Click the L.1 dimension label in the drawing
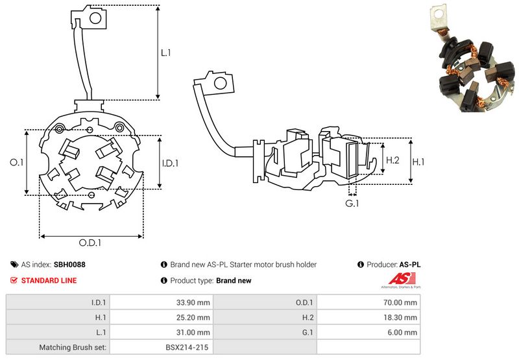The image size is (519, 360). pyautogui.click(x=165, y=53)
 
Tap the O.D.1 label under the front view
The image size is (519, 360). pyautogui.click(x=90, y=243)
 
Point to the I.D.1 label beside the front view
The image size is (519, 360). pyautogui.click(x=170, y=163)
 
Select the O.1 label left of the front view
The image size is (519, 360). pyautogui.click(x=17, y=162)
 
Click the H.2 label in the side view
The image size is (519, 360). pyautogui.click(x=392, y=160)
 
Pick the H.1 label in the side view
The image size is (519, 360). pyautogui.click(x=418, y=162)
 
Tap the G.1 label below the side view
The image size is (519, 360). pyautogui.click(x=352, y=203)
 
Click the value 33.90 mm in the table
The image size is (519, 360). pyautogui.click(x=193, y=302)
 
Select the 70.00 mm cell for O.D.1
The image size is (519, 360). pyautogui.click(x=400, y=302)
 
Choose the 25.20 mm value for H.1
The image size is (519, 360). pyautogui.click(x=193, y=318)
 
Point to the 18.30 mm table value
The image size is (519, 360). pyautogui.click(x=400, y=318)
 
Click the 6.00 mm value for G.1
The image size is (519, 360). pyautogui.click(x=402, y=333)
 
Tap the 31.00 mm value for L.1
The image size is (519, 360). pyautogui.click(x=193, y=333)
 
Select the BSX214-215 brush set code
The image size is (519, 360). pyautogui.click(x=187, y=348)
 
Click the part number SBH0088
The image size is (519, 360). pyautogui.click(x=69, y=265)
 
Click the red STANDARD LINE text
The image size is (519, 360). pyautogui.click(x=49, y=281)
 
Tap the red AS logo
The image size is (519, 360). pyautogui.click(x=402, y=279)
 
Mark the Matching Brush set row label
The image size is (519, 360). pyautogui.click(x=73, y=348)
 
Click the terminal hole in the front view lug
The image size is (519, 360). pyautogui.click(x=95, y=18)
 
